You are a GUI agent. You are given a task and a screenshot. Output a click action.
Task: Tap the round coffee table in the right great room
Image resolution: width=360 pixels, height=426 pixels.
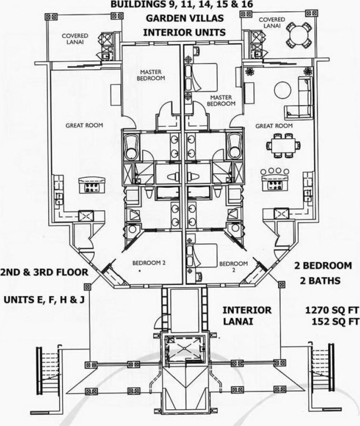(x=283, y=90)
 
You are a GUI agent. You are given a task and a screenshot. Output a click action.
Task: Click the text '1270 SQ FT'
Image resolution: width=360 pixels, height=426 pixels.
(x=332, y=310)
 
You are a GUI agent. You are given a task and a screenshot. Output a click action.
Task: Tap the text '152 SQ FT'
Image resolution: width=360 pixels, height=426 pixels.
(x=335, y=321)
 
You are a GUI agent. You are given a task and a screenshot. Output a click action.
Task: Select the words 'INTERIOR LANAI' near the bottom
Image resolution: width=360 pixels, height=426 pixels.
(x=246, y=316)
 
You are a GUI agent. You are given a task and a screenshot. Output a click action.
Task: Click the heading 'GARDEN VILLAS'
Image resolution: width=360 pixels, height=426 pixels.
(x=184, y=18)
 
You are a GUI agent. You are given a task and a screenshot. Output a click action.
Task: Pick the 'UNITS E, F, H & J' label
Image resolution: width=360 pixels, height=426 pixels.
(x=44, y=300)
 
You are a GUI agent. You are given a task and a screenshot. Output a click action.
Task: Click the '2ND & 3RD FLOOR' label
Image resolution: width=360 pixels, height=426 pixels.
(x=44, y=272)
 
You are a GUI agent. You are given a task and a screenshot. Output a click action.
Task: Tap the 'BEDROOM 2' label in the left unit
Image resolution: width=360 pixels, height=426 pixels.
(x=149, y=263)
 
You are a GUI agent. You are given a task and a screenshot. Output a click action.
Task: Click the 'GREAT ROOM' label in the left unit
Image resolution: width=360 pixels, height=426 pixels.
(x=84, y=125)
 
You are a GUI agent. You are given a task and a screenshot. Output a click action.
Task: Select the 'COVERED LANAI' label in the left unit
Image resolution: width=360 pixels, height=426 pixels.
(x=75, y=38)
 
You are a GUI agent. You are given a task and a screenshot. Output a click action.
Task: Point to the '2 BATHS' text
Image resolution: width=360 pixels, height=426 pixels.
(x=320, y=280)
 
